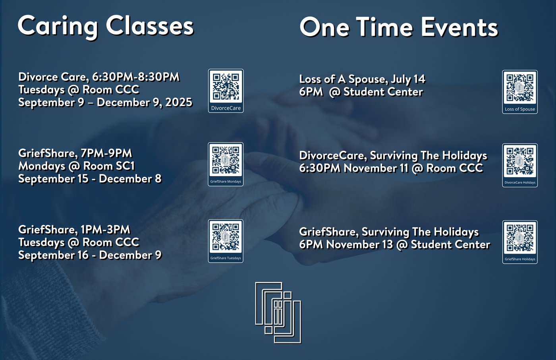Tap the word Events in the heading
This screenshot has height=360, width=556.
pos(459,27)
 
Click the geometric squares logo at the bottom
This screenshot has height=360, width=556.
pos(278,313)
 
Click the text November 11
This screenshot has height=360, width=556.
pos(376,168)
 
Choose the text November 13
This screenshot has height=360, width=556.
pos(360,244)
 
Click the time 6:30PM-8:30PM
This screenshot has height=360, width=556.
pos(135,77)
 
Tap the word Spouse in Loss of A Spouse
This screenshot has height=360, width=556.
pos(369,79)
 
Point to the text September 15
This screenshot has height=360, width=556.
pos(53,179)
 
